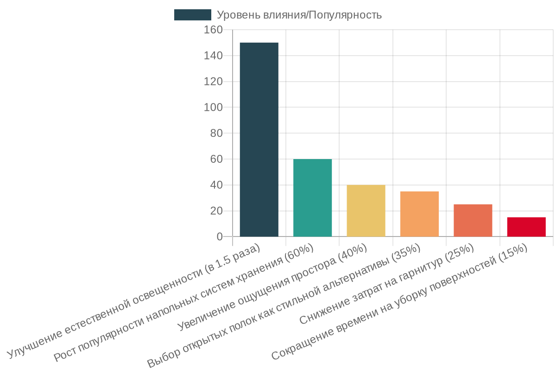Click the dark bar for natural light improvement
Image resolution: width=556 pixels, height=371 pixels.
point(259,139)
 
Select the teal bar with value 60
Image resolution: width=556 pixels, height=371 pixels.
point(312,198)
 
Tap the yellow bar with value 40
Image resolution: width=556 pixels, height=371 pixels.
point(366,211)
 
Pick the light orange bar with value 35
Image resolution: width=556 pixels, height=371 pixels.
point(419,214)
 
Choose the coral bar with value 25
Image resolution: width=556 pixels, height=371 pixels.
point(473,220)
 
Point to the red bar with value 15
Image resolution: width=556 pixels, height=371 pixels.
point(526,227)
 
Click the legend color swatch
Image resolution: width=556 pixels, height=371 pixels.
point(192,15)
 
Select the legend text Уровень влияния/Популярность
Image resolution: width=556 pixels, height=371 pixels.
point(299,15)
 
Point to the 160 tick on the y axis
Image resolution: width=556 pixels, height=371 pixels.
point(213,30)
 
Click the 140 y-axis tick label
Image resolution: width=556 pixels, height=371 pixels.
point(213,56)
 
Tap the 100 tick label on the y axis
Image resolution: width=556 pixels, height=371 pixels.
point(213,107)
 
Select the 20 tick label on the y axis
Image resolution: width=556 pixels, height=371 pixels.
point(216,211)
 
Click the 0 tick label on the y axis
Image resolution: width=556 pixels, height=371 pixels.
point(219,237)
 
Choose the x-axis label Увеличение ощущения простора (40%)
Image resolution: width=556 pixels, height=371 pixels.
point(272,288)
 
